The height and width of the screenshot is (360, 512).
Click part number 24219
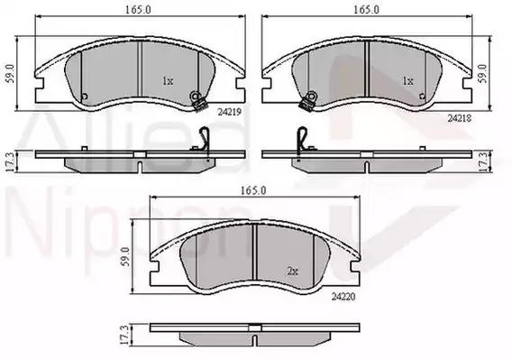coord(230,112)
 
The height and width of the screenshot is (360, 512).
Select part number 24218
coord(460,118)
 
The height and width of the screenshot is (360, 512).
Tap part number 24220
coord(343,297)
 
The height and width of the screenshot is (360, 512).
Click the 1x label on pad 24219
coord(168,81)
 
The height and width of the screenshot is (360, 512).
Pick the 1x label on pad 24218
coord(407,81)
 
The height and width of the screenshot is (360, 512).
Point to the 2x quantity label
coord(293,271)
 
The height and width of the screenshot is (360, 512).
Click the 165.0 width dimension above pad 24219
coord(139,10)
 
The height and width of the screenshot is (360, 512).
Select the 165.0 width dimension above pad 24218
coord(367,10)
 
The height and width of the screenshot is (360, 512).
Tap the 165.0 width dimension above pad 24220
coord(253,190)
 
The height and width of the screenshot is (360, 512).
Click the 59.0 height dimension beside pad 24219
coord(11,74)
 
